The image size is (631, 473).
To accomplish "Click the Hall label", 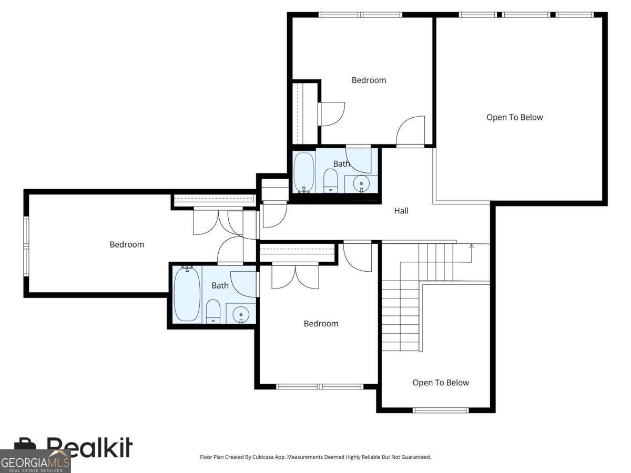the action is tap(401, 211).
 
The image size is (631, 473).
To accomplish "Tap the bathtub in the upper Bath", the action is tap(303, 172).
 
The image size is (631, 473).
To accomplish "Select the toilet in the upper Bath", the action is tap(330, 180).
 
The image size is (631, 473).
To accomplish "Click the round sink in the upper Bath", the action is tap(361, 183).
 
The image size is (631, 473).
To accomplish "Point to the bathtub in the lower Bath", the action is tap(187, 294).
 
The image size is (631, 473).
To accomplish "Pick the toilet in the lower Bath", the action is tap(213, 311).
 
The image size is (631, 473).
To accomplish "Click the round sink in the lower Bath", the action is tap(241, 314).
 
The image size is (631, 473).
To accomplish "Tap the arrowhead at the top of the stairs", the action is tap(471, 246).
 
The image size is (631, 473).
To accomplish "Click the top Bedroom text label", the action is tap(369, 80).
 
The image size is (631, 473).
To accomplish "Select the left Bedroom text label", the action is tap(127, 244).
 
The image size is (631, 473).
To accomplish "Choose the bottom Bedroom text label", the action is tap(321, 324).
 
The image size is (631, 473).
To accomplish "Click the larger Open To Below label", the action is tap(515, 117).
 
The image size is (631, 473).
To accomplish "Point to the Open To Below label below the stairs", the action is tap(441, 383).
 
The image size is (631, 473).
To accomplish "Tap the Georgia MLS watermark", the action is tap(35, 461).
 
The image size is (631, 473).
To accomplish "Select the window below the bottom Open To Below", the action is tap(441, 410).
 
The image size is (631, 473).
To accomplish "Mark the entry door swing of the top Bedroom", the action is tap(411, 131).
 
